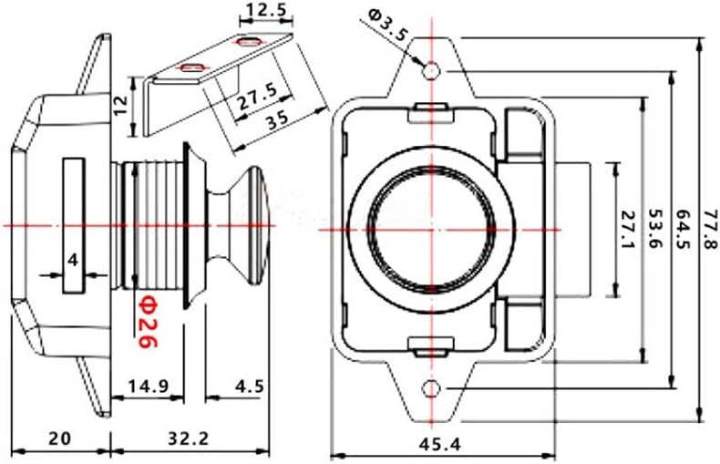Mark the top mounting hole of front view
tap(433, 69)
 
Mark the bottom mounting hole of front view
tap(433, 389)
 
